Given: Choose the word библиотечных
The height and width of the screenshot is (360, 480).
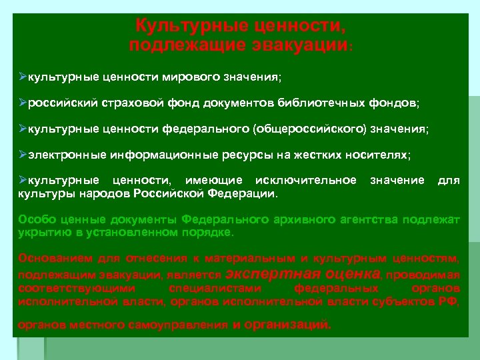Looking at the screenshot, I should coord(322,104).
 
